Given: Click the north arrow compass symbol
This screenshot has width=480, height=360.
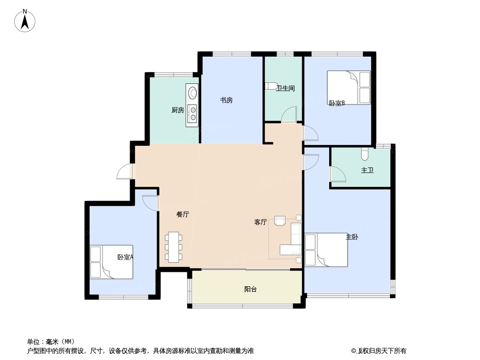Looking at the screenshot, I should pos(25,21).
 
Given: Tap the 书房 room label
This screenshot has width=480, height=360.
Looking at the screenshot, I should pos(226,100).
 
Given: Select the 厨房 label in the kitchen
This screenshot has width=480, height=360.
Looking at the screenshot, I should pos(178,110).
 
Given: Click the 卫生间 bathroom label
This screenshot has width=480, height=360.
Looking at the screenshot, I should pos(285,88).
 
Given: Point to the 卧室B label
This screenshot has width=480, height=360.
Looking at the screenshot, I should pos(337,103).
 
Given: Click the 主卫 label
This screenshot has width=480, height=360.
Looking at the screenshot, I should pos(367,170).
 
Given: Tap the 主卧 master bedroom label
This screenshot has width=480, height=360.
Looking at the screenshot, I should pos(352,237).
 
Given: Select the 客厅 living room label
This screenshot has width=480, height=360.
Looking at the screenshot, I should pos(261,222).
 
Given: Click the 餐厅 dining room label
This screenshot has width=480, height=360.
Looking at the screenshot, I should pos(182,215).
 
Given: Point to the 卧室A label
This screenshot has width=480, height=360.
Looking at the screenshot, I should pos(125,257).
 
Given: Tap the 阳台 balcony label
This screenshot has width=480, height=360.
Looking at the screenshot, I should pos(250,289).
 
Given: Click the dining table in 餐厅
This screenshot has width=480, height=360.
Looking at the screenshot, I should pos(174,247).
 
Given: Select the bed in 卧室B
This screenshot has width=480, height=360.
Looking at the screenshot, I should pos(349,87).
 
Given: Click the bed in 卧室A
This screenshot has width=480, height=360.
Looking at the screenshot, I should pos(111,262).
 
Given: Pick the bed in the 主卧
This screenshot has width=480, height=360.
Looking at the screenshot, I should pos(326,250).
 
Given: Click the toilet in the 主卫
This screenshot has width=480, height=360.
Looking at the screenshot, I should pos(365,154).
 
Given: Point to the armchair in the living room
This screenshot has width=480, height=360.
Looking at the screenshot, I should pos(281,220).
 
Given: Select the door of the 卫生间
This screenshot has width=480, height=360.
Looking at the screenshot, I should pos(289,114).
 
